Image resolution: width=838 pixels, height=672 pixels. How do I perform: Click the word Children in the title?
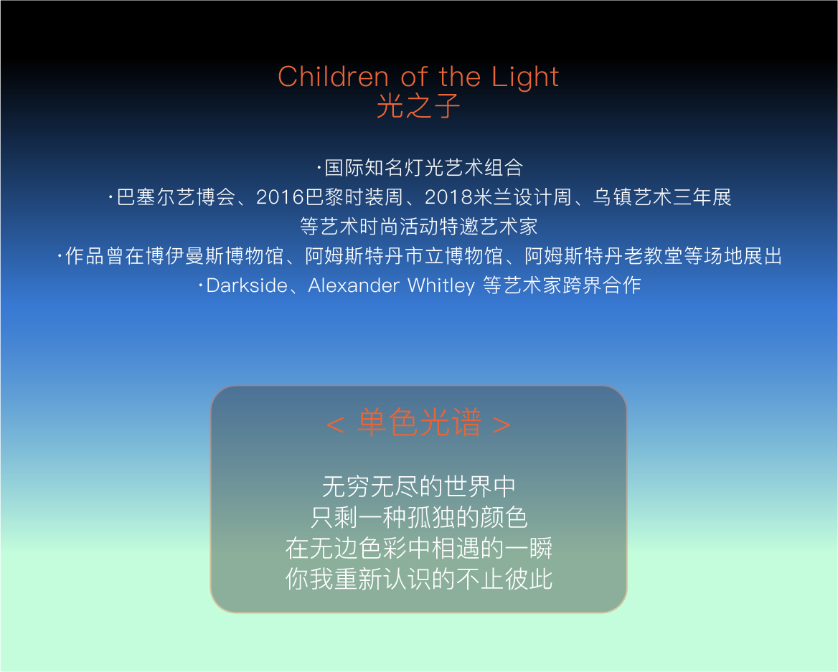click(333, 77)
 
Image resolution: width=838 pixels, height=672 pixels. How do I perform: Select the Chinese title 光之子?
click(418, 105)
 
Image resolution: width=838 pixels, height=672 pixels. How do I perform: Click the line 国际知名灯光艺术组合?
click(423, 168)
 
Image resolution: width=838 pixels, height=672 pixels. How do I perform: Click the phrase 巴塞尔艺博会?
click(176, 197)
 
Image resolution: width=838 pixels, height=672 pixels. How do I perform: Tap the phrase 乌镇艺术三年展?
click(662, 197)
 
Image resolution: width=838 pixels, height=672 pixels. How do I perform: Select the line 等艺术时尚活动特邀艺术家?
click(418, 227)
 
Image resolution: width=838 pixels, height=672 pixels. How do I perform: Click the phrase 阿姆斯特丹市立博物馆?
click(403, 256)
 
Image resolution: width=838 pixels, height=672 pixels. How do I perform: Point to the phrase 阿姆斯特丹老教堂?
click(604, 256)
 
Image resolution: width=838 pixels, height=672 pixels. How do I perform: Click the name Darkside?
click(247, 285)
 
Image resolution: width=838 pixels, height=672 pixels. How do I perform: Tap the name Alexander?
click(353, 285)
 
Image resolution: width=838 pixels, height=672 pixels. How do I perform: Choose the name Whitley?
click(441, 286)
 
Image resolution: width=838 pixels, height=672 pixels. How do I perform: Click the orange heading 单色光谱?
click(420, 422)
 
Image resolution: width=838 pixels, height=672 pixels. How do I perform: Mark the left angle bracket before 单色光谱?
click(335, 425)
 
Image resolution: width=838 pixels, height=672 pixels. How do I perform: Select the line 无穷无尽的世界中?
click(418, 487)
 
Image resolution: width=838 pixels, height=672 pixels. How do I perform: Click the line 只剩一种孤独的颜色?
click(419, 518)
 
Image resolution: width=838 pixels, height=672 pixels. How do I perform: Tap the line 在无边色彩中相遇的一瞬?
click(418, 548)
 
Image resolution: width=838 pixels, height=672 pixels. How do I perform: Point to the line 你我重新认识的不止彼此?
click(418, 579)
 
